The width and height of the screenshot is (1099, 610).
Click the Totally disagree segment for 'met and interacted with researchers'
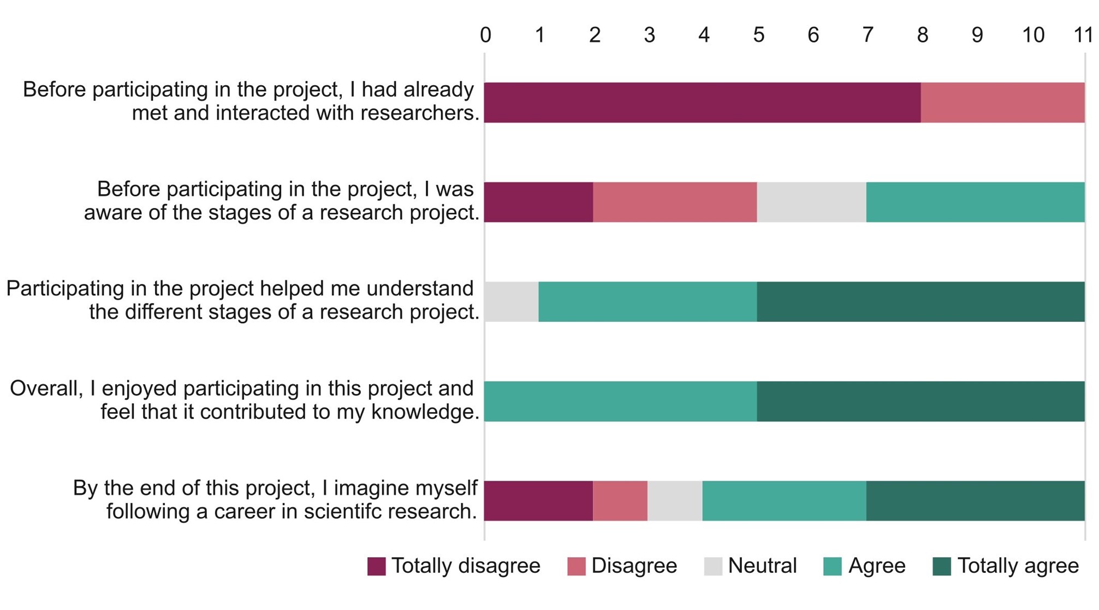[702, 103]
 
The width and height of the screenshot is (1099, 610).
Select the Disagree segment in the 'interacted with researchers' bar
[1002, 103]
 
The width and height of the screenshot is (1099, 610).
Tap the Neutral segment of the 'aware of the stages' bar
[811, 202]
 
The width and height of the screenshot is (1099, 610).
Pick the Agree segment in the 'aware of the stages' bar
[975, 202]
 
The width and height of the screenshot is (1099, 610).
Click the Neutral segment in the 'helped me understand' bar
[512, 302]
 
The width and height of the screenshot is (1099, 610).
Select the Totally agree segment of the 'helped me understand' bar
[920, 302]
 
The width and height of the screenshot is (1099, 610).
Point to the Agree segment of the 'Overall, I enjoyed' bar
[620, 401]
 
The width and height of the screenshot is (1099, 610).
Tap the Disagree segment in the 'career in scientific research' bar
[620, 501]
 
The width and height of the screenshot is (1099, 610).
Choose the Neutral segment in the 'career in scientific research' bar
[675, 501]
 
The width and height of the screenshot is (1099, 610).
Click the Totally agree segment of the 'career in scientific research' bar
[975, 501]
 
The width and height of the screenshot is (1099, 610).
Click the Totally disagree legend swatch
[376, 566]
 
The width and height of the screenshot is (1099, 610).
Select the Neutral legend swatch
[713, 566]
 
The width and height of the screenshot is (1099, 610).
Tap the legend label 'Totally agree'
[1018, 566]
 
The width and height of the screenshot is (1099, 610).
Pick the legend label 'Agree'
[877, 566]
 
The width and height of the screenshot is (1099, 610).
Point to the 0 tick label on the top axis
[485, 35]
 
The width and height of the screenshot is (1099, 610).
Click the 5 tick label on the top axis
[758, 35]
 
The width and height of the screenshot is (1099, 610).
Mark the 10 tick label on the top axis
[1033, 35]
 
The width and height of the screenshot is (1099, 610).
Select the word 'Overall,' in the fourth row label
[46, 389]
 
